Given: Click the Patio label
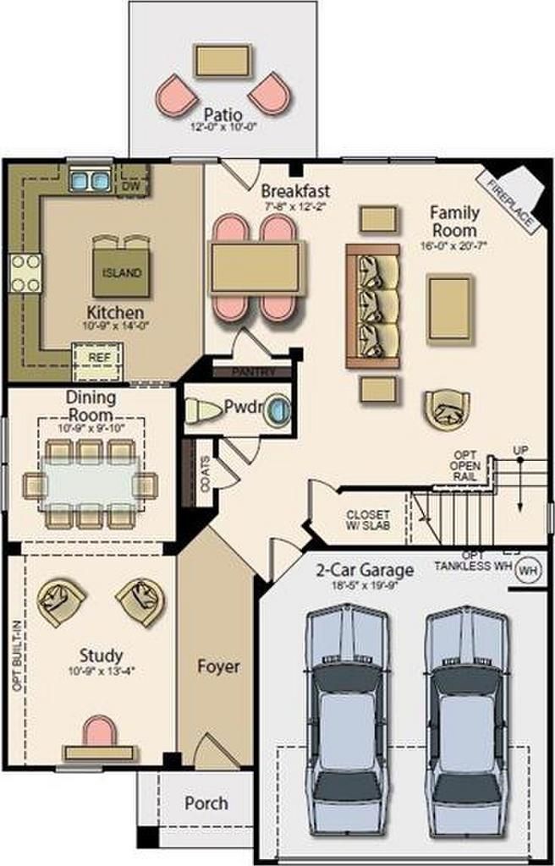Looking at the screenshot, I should click(x=223, y=114).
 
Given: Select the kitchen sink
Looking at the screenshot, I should click(x=89, y=179).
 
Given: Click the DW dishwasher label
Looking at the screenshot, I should click(x=131, y=184).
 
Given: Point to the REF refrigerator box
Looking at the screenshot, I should click(x=99, y=358).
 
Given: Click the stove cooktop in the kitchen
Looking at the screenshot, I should click(x=25, y=273).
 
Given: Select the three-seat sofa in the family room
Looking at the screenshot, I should click(x=372, y=306).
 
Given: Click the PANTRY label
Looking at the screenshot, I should click(x=251, y=371).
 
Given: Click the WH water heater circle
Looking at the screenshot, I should click(x=529, y=569).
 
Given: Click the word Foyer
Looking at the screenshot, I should click(x=218, y=666).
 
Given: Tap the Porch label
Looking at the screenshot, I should click(x=206, y=803).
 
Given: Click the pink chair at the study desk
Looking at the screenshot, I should click(x=99, y=733).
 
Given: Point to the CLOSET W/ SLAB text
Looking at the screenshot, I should click(x=369, y=520).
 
